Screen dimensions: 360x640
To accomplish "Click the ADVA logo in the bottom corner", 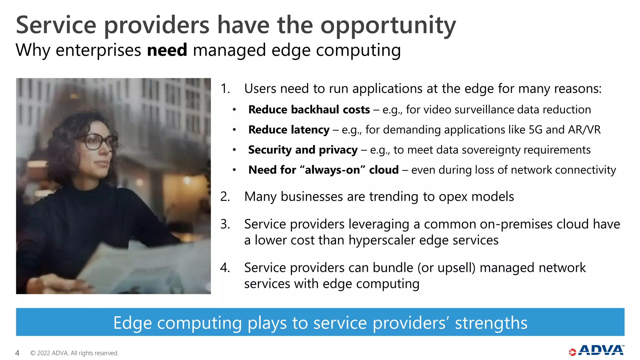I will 597,351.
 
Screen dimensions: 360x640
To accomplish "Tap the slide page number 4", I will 17,353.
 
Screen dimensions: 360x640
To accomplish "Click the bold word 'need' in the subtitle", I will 167,50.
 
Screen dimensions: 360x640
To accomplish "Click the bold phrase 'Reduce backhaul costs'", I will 309,110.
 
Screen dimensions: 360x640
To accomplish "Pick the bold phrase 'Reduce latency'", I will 289,130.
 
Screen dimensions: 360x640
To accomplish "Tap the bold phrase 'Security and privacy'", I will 302,150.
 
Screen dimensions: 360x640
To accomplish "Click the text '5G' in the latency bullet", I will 535,130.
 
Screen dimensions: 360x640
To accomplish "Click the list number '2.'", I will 225,197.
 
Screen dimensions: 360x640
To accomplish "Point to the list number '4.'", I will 225,268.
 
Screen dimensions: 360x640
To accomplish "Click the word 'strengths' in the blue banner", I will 491,323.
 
